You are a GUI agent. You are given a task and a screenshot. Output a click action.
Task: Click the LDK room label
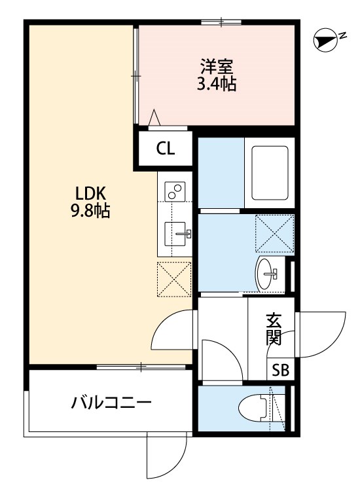pos(90,194)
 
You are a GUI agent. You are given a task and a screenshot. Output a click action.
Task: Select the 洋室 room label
pos(217,67)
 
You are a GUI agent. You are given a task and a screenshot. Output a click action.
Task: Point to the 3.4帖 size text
pos(217,84)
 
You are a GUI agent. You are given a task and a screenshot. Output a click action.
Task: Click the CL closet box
pos(165,149)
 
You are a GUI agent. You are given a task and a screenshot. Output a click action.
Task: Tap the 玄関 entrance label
pos(273,329)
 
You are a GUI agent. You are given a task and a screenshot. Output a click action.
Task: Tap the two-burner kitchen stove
pos(175,191)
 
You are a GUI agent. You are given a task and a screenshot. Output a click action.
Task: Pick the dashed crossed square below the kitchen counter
pos(173,278)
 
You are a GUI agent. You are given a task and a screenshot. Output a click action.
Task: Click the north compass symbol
pos(323,41)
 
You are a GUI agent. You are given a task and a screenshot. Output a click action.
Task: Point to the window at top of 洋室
pos(221,23)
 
